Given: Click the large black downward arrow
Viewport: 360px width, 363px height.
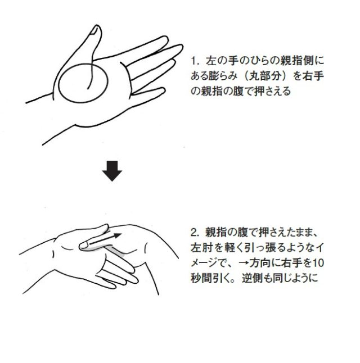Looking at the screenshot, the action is (x=112, y=171).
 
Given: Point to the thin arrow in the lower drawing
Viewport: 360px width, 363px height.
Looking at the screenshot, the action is (x=105, y=239).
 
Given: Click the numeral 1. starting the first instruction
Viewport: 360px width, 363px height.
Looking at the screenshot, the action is (x=195, y=61).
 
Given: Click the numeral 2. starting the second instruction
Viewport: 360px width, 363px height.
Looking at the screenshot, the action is (x=195, y=233).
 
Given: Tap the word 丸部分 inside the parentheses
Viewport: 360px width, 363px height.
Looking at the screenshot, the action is (x=265, y=76).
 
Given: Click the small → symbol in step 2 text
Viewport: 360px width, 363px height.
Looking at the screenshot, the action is (x=243, y=263).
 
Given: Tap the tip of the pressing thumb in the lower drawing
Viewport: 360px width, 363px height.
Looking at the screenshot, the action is (x=81, y=246).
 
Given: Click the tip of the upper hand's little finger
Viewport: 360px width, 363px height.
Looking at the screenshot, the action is (x=164, y=90).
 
